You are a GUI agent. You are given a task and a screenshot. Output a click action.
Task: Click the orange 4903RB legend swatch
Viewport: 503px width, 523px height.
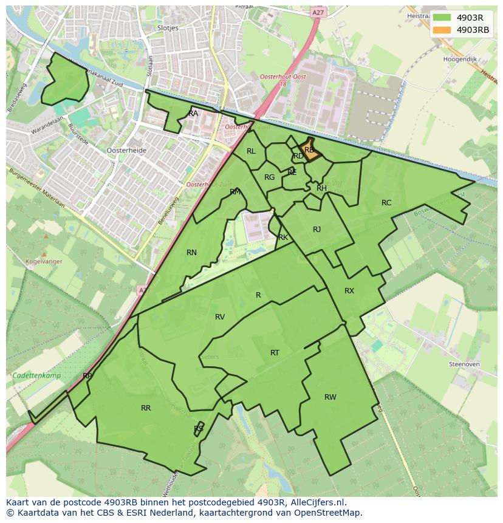(x=442, y=30)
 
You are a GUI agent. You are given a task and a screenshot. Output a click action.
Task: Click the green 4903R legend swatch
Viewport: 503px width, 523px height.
(x=442, y=17)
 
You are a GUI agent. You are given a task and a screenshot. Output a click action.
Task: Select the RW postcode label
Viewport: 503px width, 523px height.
(x=330, y=397)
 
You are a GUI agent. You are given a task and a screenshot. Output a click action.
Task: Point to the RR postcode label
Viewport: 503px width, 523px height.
(x=146, y=408)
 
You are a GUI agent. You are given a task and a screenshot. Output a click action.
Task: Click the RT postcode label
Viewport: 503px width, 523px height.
(x=275, y=353)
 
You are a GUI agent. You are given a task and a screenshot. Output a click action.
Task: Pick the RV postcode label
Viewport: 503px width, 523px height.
(x=220, y=317)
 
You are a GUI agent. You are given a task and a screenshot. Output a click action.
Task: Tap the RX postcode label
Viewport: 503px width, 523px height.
(x=349, y=291)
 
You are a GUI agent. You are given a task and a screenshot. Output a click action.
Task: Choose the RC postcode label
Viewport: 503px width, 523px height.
(x=386, y=203)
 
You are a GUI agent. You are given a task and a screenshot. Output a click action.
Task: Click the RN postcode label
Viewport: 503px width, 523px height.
(x=191, y=253)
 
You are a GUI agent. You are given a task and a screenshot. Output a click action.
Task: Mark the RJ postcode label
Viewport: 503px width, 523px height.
(x=317, y=230)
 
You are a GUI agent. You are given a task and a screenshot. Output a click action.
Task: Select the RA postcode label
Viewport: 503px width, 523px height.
(x=193, y=114)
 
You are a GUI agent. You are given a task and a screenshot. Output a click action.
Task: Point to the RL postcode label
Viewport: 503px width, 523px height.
(x=251, y=151)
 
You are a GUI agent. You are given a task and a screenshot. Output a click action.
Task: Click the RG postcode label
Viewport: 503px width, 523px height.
(x=269, y=177)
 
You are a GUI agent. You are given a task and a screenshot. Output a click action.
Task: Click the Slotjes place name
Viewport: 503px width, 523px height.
(x=167, y=28)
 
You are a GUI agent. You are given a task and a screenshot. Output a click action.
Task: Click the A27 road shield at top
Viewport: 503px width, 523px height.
(x=317, y=12)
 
